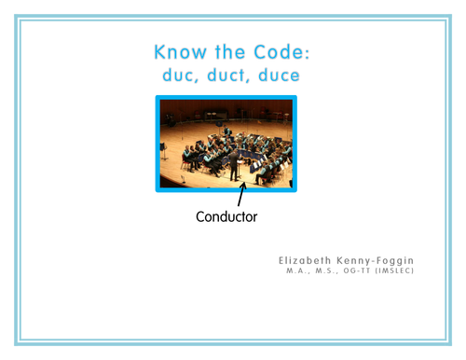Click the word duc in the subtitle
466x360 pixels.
click(x=178, y=75)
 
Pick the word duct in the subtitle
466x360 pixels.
click(x=225, y=75)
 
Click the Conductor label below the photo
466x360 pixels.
click(x=226, y=217)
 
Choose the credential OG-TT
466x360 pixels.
click(x=359, y=272)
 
